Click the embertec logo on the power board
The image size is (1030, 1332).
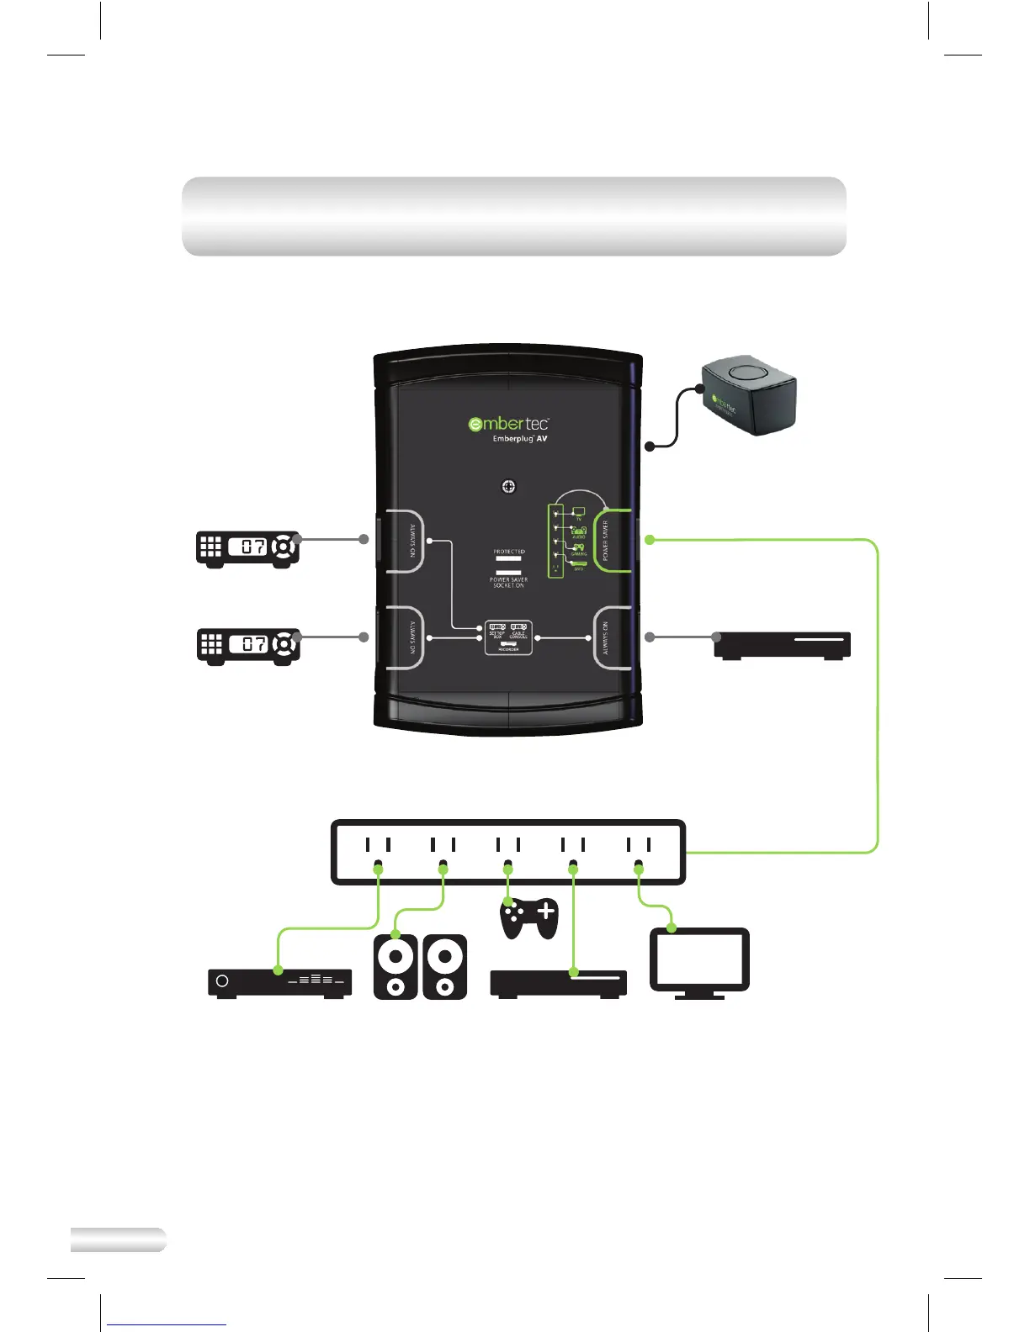click(x=508, y=423)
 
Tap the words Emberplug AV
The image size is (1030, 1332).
click(x=519, y=439)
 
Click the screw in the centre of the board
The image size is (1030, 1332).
click(x=508, y=486)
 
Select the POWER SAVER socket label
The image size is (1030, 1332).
click(x=605, y=541)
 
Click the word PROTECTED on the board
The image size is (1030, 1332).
click(x=509, y=552)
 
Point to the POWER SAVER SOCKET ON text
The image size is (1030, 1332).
click(x=508, y=582)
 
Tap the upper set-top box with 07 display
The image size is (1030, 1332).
click(x=247, y=548)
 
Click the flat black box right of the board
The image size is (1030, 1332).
click(x=782, y=645)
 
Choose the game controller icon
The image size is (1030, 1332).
click(x=528, y=917)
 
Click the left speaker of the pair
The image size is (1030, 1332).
click(x=396, y=967)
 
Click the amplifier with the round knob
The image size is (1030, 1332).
click(x=279, y=982)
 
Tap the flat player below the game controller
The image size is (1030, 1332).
click(x=558, y=983)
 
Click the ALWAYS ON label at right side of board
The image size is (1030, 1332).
click(x=605, y=638)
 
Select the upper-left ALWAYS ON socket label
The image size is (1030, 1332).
click(x=412, y=541)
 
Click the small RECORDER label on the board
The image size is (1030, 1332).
click(x=508, y=649)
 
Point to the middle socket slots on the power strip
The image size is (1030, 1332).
click(x=507, y=844)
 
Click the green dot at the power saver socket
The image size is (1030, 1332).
click(x=649, y=540)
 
